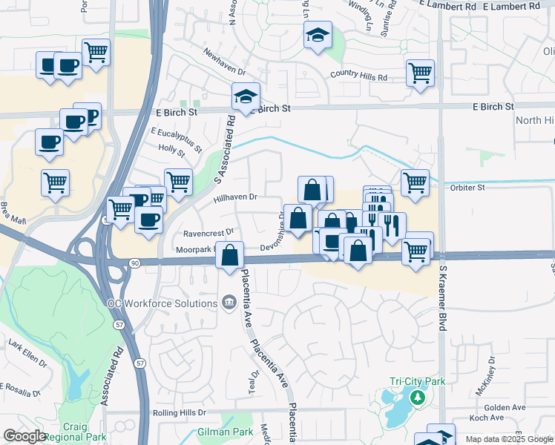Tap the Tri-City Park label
417,381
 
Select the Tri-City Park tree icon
417,398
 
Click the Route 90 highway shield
134,263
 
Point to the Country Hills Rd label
359,76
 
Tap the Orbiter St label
467,188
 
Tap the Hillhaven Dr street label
234,197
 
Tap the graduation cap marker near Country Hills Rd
318,35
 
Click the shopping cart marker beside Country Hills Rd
420,73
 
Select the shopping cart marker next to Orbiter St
415,182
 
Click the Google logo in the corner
24,437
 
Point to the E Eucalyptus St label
176,139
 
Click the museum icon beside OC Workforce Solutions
229,302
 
